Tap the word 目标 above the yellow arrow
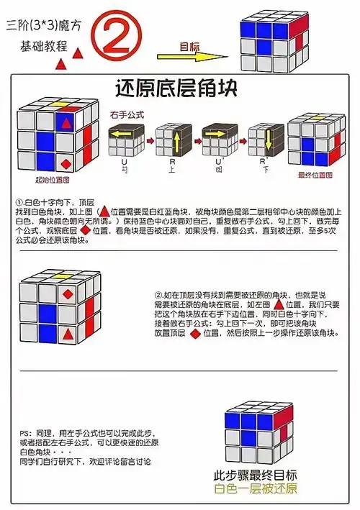pos(189,47)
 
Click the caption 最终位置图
pos(315,175)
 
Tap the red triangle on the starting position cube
pos(67,124)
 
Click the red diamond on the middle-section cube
pos(67,294)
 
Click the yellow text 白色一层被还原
pos(256,491)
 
